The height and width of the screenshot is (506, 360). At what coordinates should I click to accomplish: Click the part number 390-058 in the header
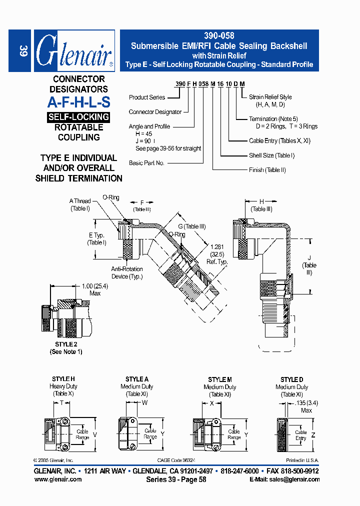tap(219, 36)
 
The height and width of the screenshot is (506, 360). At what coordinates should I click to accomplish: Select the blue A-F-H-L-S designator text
tap(78, 102)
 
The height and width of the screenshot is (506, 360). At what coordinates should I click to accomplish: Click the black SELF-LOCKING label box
tap(78, 117)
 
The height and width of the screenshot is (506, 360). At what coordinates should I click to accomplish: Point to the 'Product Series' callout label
tap(146, 97)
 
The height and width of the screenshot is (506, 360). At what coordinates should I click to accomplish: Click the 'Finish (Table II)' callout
tap(267, 170)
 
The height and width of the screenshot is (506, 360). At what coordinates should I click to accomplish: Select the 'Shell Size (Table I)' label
tap(271, 155)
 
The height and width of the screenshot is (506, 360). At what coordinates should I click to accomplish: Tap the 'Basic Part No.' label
tap(146, 163)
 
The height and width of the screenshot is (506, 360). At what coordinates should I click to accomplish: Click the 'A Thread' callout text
tap(80, 201)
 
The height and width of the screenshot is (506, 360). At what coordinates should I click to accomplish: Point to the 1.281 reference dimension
tap(216, 247)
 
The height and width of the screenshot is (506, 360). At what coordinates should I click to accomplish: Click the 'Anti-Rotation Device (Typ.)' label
tap(126, 272)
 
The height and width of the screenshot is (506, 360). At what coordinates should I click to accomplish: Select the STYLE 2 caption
tap(66, 344)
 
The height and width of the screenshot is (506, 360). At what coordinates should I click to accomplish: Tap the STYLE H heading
tap(63, 379)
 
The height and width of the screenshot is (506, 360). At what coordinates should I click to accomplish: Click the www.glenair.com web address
tap(58, 479)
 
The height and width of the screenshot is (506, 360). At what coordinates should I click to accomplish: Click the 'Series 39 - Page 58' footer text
tap(176, 479)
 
